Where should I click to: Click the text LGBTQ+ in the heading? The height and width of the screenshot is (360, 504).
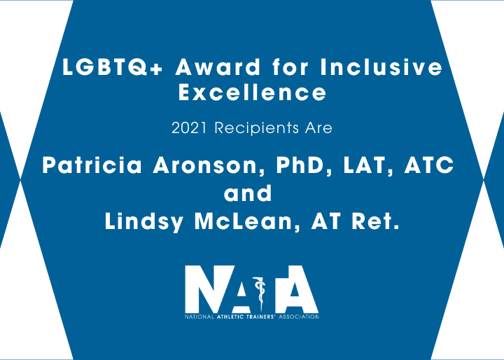pyautogui.click(x=113, y=67)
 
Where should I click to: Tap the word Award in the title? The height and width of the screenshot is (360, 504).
pyautogui.click(x=218, y=67)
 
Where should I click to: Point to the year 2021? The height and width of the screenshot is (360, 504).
pyautogui.click(x=189, y=128)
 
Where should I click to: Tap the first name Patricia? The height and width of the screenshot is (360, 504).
pyautogui.click(x=92, y=165)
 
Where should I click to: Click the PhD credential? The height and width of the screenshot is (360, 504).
pyautogui.click(x=304, y=165)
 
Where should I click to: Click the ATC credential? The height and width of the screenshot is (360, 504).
pyautogui.click(x=429, y=165)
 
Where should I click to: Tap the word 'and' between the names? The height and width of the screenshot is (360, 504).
pyautogui.click(x=248, y=193)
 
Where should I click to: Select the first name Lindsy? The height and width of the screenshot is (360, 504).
pyautogui.click(x=144, y=221)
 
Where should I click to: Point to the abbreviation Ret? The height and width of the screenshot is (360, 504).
pyautogui.click(x=375, y=221)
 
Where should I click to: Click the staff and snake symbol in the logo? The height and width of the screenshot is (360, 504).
pyautogui.click(x=260, y=293)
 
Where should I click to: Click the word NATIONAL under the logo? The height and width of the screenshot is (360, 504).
pyautogui.click(x=199, y=317)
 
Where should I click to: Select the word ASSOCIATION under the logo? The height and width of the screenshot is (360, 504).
pyautogui.click(x=299, y=317)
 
